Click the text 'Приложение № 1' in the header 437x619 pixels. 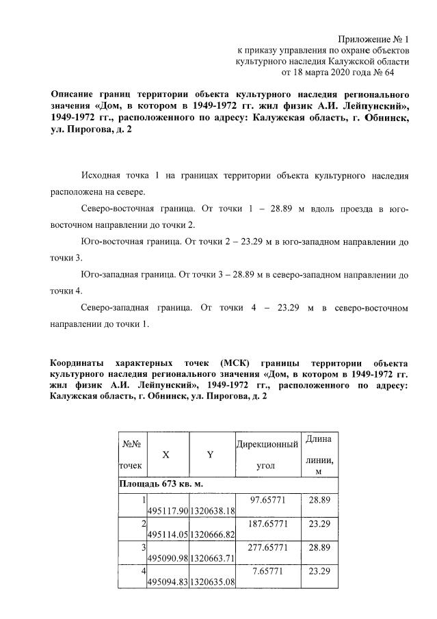[374, 38]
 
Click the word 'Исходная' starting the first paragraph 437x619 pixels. [100, 176]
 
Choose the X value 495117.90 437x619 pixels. [167, 511]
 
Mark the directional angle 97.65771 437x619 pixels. [267, 500]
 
